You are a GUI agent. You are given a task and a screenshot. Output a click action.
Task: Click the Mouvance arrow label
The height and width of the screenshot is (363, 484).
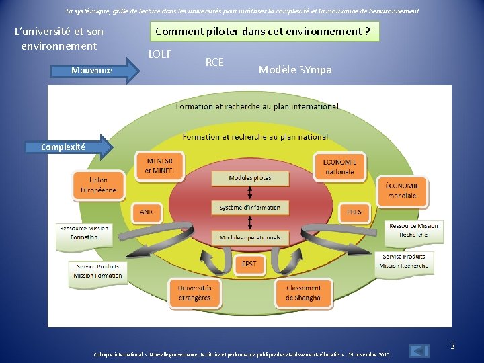pos(92,71)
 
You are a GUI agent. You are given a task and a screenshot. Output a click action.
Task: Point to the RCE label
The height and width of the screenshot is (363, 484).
pos(214,63)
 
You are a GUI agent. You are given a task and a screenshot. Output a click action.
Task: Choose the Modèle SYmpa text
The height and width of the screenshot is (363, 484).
pos(295,70)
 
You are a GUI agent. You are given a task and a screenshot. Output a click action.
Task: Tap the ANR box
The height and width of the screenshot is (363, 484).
pos(147,212)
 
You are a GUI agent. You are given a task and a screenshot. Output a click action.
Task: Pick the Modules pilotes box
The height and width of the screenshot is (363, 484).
pos(250,178)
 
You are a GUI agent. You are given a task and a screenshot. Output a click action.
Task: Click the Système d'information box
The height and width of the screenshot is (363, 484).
pos(250,208)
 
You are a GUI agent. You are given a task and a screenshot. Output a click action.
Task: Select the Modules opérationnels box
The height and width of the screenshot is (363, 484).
pos(250,237)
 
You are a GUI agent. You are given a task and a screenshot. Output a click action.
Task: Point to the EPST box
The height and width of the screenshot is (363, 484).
pos(249,264)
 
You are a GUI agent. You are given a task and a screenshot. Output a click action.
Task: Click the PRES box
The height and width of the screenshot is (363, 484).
pos(354,212)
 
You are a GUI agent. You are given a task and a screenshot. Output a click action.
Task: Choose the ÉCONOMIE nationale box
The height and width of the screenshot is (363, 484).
pos(339,166)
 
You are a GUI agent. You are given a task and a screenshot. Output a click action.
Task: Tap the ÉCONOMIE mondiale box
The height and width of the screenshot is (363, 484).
pos(402,190)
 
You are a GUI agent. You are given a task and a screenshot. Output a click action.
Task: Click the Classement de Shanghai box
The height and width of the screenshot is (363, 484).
pos(303,293)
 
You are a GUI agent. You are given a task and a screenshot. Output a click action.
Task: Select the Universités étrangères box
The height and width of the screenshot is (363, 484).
pos(194,293)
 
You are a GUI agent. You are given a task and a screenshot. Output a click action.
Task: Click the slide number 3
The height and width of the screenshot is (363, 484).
pos(452,346)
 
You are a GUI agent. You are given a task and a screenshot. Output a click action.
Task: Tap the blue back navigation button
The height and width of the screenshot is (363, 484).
pos(419,351)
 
